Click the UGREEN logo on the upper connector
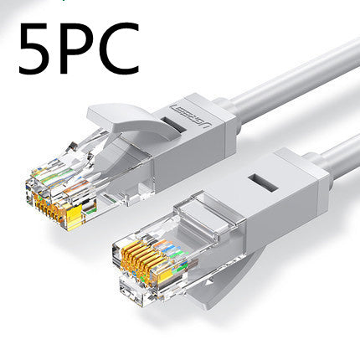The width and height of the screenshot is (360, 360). [191, 115]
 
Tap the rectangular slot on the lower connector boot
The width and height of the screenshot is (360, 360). [263, 183]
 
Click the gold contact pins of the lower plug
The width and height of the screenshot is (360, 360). [145, 262]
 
